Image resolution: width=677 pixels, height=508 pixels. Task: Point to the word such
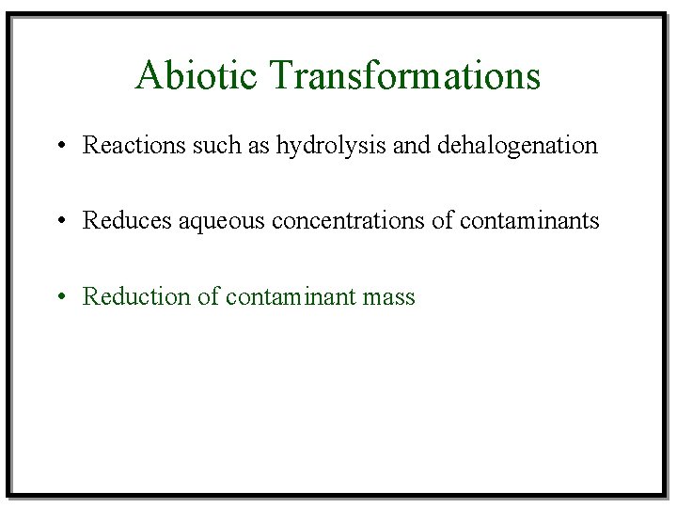tap(196, 145)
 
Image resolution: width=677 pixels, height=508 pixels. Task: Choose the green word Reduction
tap(126, 296)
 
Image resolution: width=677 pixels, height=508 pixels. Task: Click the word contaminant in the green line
tap(290, 296)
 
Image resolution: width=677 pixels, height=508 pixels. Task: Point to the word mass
tap(389, 298)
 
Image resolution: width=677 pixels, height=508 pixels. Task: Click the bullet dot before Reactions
tap(59, 146)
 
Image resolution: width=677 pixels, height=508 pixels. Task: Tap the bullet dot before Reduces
tap(59, 221)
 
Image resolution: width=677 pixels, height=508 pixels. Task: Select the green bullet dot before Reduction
tap(59, 297)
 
